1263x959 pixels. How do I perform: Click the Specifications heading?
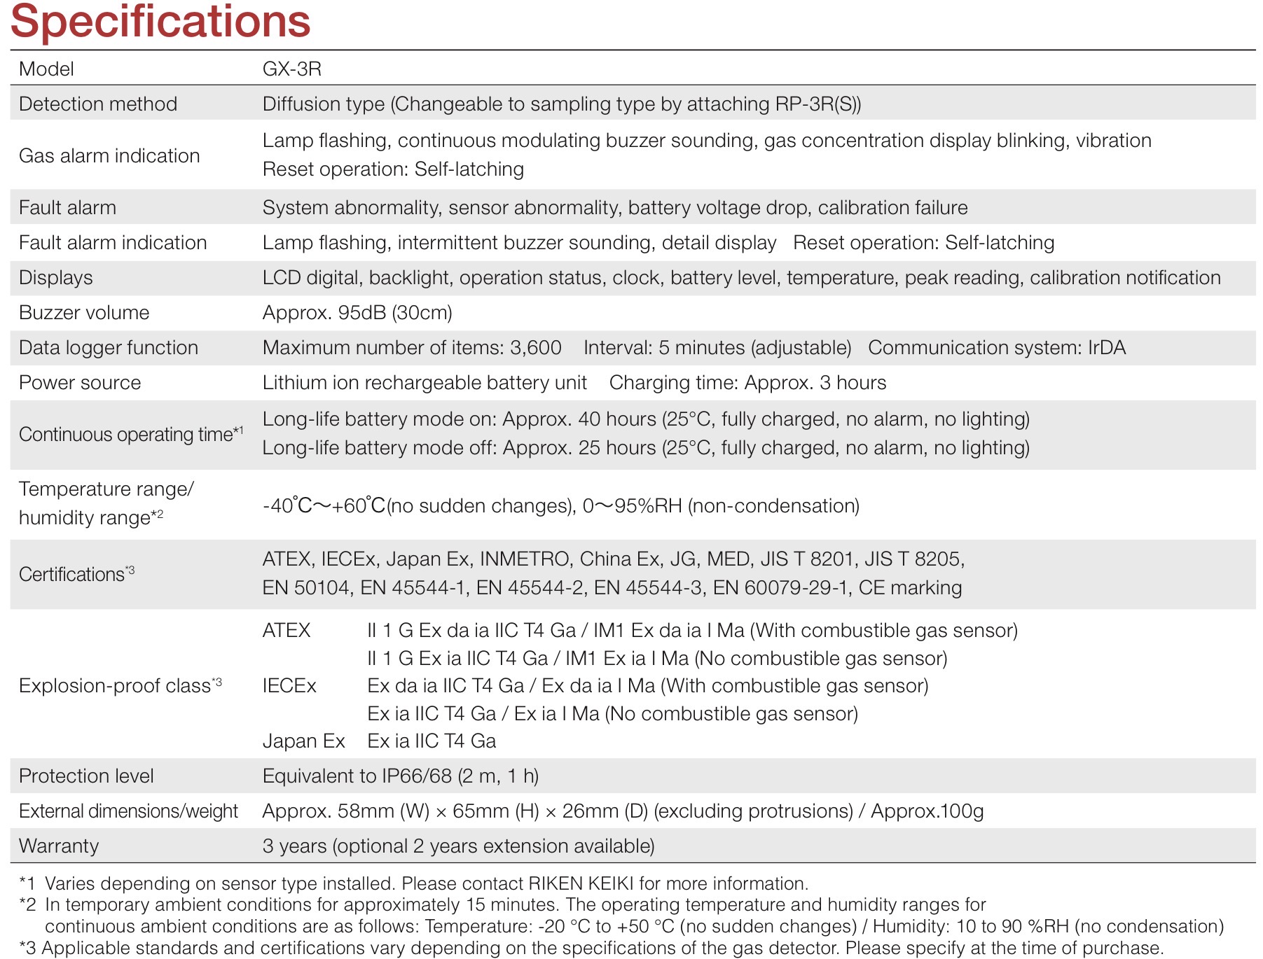[x=160, y=21]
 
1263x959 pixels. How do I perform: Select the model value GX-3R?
[x=291, y=69]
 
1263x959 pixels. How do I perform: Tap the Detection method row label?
[x=98, y=104]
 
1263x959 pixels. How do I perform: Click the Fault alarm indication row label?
[x=113, y=242]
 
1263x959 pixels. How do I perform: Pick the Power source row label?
[x=80, y=382]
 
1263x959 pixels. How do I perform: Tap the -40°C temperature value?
[x=287, y=505]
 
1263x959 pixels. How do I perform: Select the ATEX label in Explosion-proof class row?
[x=286, y=630]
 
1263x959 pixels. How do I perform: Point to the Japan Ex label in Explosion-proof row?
[x=303, y=741]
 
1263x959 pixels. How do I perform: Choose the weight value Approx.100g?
[x=927, y=811]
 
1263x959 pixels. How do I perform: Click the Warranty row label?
[x=59, y=846]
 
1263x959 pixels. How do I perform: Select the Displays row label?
[x=55, y=277]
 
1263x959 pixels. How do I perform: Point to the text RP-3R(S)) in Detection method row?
[x=818, y=104]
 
